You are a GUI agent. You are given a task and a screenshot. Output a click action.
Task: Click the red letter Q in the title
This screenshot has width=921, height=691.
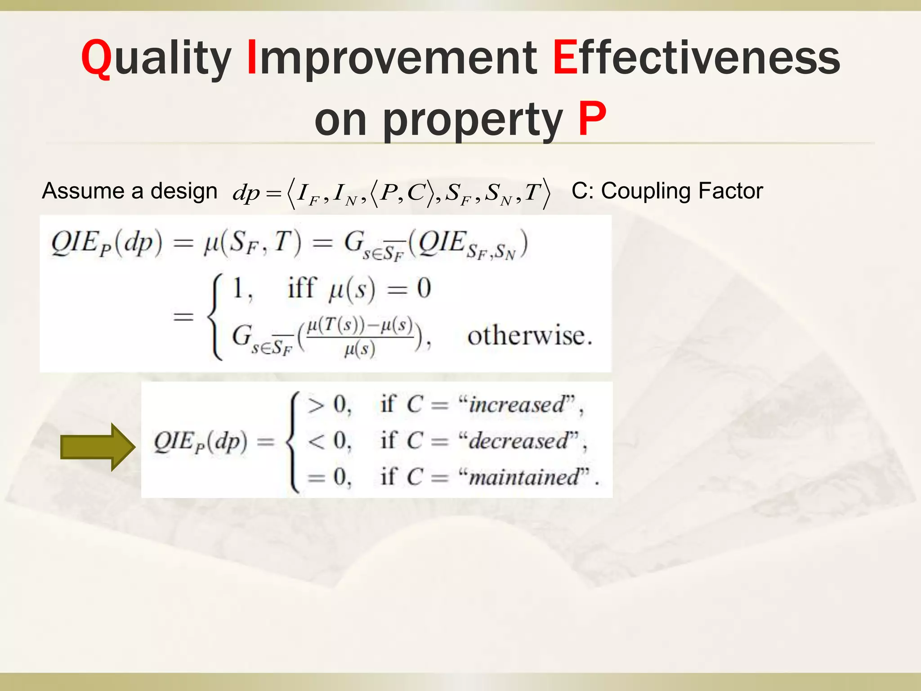coord(96,58)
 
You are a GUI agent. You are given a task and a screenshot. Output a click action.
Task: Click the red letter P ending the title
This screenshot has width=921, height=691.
coord(592,119)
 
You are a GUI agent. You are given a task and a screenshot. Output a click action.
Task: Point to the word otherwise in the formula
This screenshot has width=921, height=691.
coord(529,336)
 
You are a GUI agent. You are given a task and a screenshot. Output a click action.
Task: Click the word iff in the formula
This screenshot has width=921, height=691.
coord(302,288)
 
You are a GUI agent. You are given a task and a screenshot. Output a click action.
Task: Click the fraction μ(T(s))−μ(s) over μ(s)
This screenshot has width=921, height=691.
coord(360,337)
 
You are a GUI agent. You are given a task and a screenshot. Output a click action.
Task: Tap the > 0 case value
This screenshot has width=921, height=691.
coord(329,404)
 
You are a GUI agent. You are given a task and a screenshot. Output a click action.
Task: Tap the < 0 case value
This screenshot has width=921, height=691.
coord(329,440)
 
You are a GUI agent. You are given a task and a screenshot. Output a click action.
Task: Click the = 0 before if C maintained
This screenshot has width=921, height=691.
coord(329,477)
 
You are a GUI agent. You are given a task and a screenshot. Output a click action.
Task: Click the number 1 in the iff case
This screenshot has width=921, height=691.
coord(239,288)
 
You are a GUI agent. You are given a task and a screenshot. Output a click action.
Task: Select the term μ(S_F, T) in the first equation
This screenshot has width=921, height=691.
coord(252,243)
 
